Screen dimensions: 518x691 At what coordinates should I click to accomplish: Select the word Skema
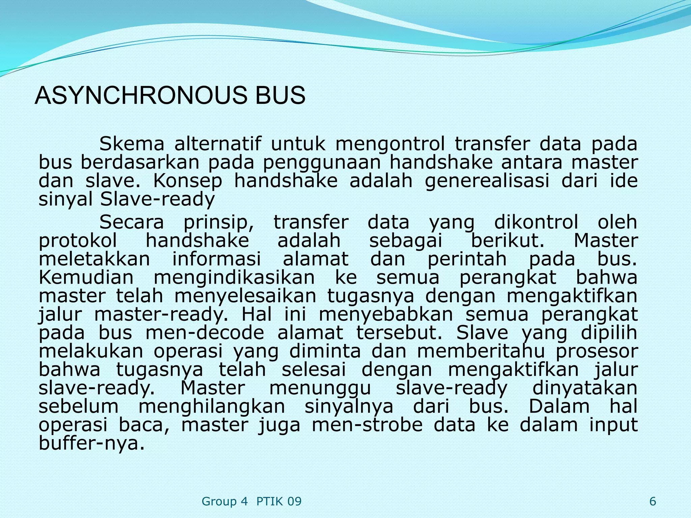(x=132, y=144)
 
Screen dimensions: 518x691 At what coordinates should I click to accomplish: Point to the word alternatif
(x=218, y=144)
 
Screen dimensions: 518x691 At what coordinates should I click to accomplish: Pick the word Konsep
(x=188, y=181)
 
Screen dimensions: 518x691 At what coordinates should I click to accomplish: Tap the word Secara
(x=132, y=222)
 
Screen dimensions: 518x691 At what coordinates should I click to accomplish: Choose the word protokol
(x=78, y=241)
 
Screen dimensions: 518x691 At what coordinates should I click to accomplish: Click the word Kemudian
(x=86, y=278)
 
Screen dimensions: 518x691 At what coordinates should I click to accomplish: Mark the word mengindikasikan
(x=234, y=278)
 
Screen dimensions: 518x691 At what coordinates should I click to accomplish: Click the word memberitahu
(x=481, y=351)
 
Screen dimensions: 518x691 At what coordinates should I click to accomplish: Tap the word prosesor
(x=597, y=351)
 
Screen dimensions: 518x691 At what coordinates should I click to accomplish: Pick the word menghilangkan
(x=212, y=407)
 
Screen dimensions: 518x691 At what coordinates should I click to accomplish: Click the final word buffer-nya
(x=92, y=443)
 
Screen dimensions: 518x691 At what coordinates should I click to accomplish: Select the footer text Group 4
(x=224, y=501)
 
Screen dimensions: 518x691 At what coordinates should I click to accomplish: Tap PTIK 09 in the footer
(x=279, y=501)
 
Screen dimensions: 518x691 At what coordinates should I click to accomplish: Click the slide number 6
(x=653, y=501)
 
